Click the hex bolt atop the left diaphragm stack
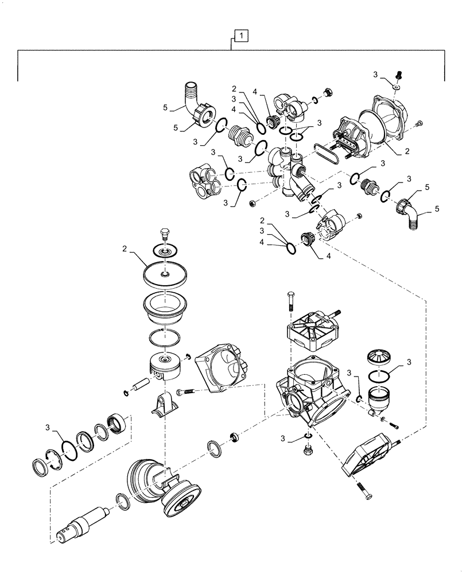tap(165, 234)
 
